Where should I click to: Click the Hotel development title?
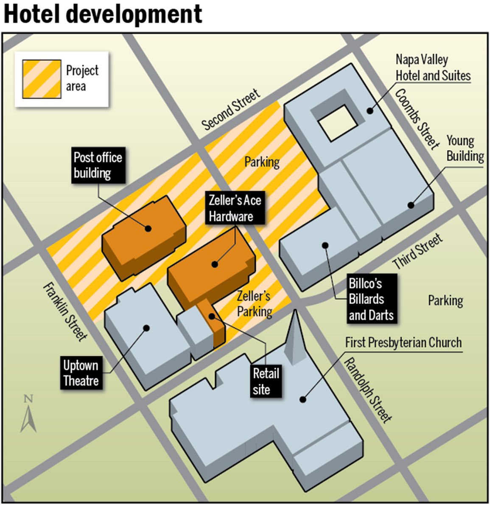coord(103,14)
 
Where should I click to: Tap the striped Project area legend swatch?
coord(42,79)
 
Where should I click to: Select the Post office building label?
coord(98,165)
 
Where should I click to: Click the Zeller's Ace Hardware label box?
coord(235,208)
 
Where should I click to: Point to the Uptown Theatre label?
coord(81,373)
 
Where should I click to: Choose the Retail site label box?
coord(266,382)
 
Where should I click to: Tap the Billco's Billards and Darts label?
coord(371,299)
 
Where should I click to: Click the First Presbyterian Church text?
coord(403,343)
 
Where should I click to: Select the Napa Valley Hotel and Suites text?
coord(433,68)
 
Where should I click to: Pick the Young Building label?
coord(465,148)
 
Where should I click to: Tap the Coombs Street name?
coord(417,119)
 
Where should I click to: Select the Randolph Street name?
coord(367,390)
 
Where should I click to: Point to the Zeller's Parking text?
coord(254,304)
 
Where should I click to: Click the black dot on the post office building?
coord(148,228)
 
